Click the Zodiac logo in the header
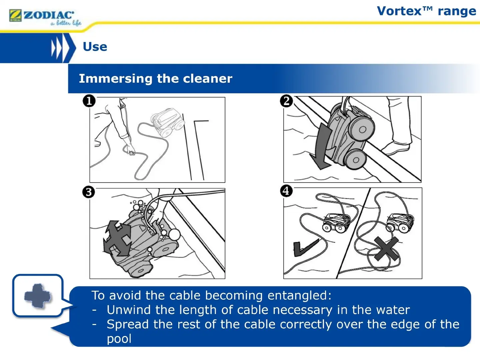coord(45,17)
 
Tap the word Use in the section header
coord(95,47)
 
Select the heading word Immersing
coord(115,79)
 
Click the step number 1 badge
coord(89,101)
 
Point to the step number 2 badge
coord(286,101)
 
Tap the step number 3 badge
coord(89,192)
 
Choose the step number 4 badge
coord(286,191)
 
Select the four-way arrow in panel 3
coord(117,238)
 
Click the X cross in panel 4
coord(386,249)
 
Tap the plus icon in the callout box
coord(37,296)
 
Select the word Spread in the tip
coord(128,325)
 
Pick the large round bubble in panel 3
coord(175,235)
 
